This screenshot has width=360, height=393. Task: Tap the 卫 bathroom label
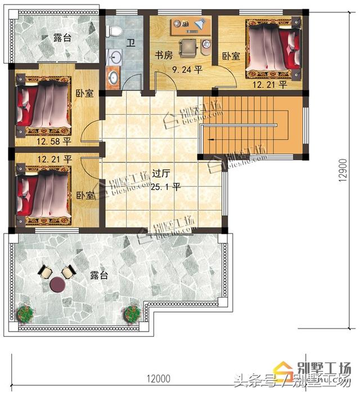[130, 42]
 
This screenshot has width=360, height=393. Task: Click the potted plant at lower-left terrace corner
[25, 312]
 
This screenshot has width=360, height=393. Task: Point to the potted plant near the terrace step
[133, 312]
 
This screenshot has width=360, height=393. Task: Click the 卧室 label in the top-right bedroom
[231, 56]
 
